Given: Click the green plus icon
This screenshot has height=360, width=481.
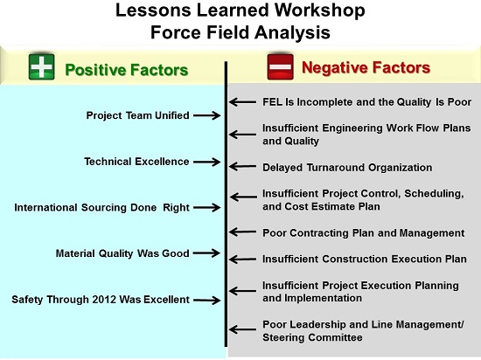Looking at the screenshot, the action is [42, 66].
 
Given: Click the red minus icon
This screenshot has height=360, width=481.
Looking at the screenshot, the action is [280, 66].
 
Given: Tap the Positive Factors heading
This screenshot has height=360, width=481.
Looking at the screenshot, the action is [127, 70].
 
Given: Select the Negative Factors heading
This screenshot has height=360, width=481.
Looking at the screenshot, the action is [366, 67].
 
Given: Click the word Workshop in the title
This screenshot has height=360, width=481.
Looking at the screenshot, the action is [319, 10].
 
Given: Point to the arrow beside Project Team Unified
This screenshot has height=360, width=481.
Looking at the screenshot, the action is [207, 115].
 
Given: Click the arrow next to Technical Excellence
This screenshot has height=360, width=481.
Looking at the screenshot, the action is [207, 162].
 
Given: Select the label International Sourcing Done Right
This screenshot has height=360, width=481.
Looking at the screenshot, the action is [101, 207].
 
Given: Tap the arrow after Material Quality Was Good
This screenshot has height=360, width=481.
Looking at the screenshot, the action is [207, 253].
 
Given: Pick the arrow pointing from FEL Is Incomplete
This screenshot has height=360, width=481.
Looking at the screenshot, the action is [242, 101].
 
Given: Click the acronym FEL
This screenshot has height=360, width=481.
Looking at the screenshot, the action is [272, 101].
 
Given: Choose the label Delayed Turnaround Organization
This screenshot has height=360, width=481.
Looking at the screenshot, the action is [347, 168].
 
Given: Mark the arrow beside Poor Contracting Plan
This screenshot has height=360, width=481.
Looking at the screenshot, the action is [242, 232].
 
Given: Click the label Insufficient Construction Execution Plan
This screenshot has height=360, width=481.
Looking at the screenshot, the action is [365, 260].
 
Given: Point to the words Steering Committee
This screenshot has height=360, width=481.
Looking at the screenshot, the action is [312, 337].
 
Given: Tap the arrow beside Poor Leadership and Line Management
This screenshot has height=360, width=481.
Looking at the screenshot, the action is [242, 329].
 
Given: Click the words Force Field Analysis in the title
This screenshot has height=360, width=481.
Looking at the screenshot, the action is [240, 32].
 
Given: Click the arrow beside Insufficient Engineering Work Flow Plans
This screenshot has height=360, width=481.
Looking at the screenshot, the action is [242, 135].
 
